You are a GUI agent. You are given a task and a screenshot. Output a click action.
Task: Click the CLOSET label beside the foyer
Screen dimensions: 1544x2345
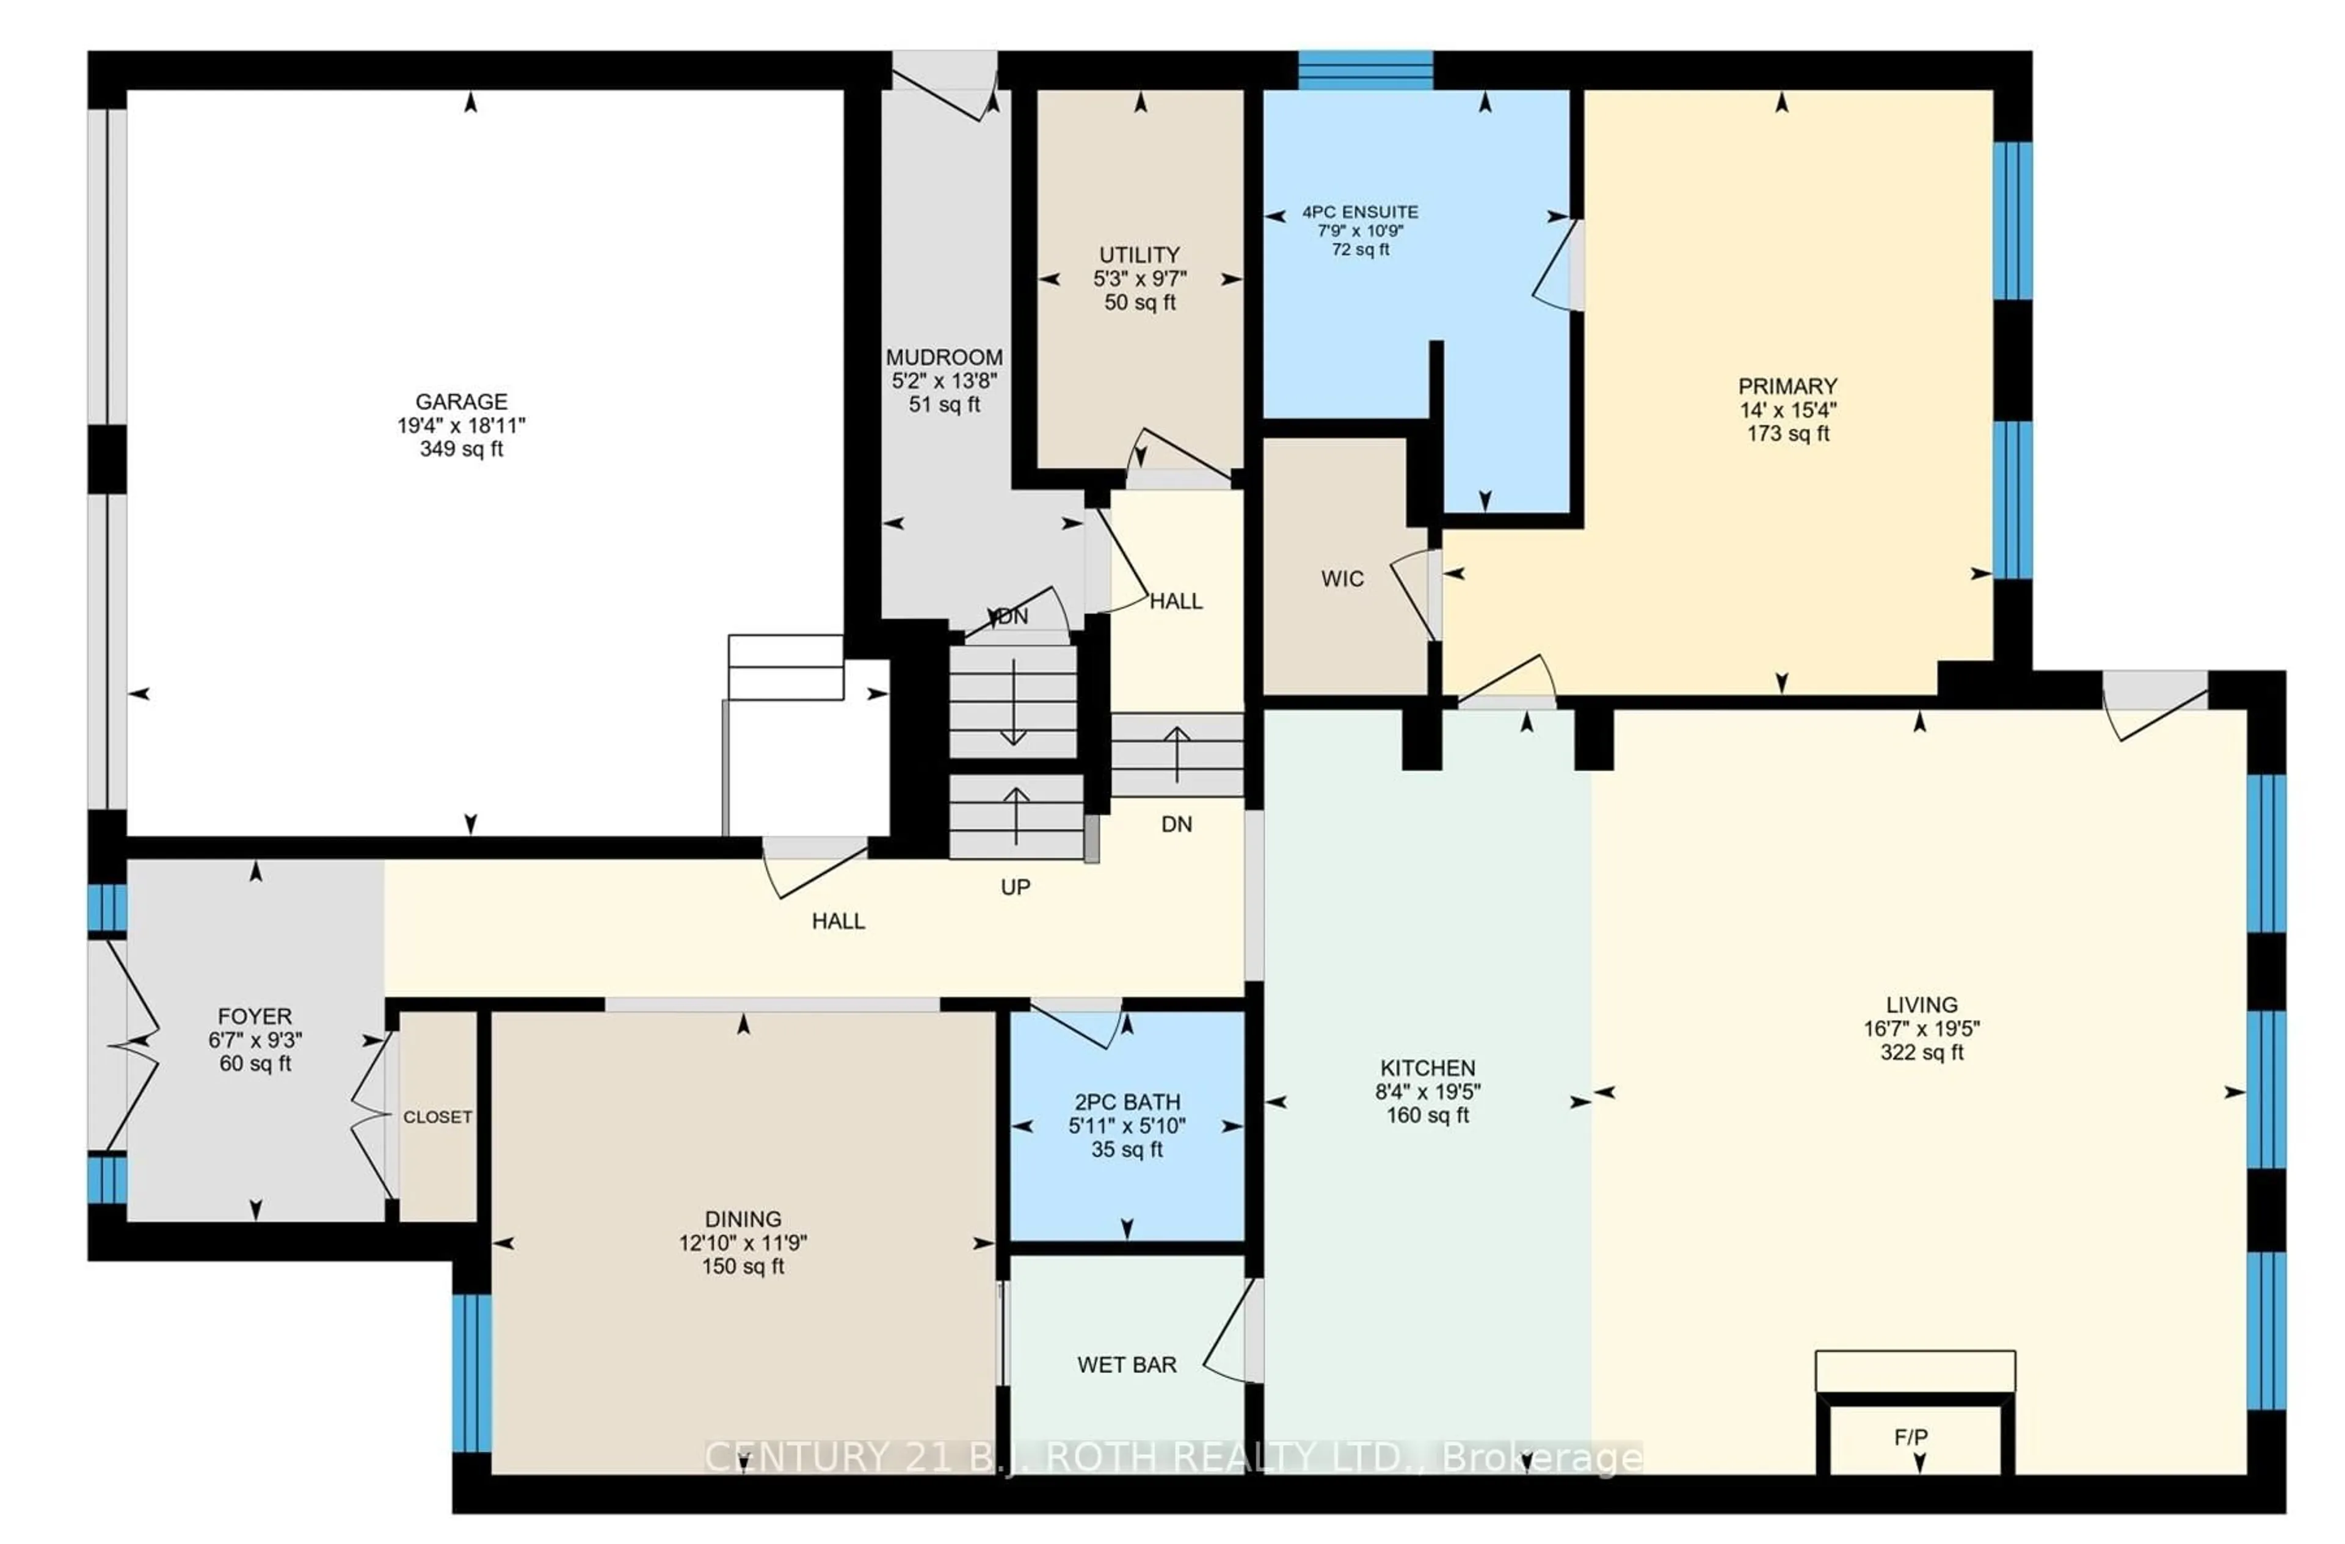coord(437,1117)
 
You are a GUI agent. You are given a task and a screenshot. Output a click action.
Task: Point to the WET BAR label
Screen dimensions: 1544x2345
coord(1126,1365)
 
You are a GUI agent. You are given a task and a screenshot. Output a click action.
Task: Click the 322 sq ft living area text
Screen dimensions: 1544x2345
coord(1921,1053)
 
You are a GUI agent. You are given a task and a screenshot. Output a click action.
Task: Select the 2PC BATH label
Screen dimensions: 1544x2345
coord(1126,1101)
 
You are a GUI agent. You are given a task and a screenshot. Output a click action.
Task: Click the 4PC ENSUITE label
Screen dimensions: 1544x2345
coord(1360,212)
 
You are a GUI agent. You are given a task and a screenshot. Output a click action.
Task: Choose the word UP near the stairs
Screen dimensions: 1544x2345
coord(1015,887)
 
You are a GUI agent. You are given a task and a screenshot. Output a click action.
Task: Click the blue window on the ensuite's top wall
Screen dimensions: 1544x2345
coord(1365,70)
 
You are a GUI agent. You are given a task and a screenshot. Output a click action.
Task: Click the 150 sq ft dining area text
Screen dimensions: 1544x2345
coord(743,1266)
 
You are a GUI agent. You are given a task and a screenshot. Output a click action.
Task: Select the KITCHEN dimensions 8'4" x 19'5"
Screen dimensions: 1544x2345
coord(1428,1092)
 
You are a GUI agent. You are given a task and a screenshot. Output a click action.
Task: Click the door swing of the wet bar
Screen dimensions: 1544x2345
coord(1230,1330)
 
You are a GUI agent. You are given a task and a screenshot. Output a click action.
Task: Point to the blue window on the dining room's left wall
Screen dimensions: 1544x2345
coord(471,1372)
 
